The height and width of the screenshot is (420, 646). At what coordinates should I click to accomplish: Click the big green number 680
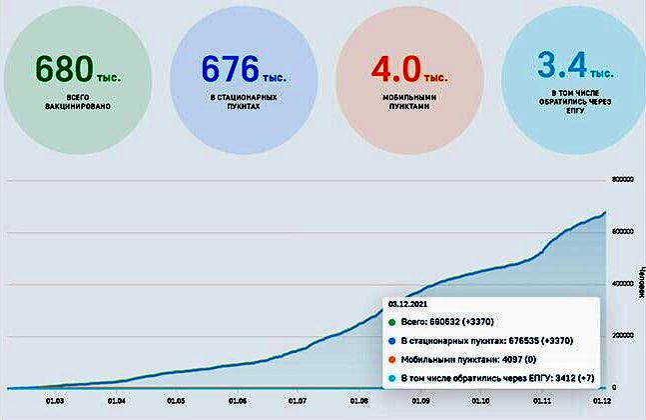tap(65, 67)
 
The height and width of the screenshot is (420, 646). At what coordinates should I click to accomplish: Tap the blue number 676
tap(231, 67)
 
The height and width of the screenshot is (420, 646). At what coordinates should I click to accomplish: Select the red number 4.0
tap(394, 67)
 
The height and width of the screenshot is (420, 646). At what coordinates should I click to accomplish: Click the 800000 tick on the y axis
tap(622, 181)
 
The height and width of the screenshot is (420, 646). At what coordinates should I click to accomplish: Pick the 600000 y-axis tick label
tap(622, 232)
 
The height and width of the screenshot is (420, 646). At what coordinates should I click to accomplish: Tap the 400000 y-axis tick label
tap(622, 284)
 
